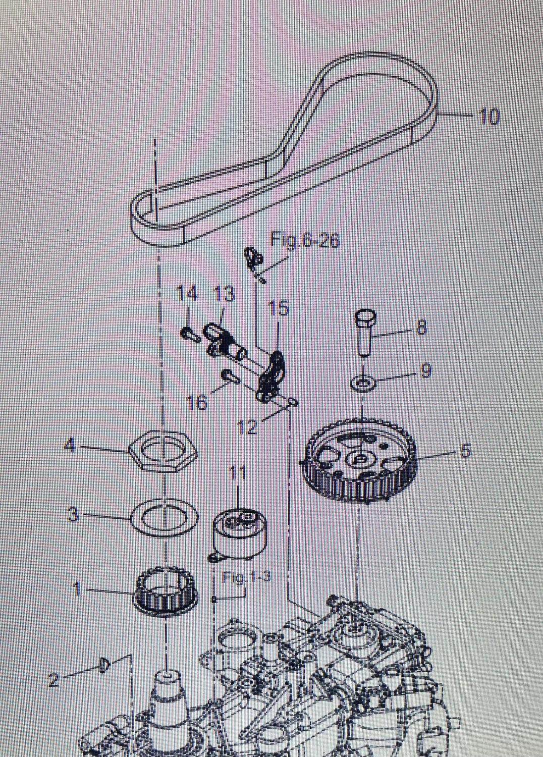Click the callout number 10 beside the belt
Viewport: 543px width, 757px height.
click(488, 117)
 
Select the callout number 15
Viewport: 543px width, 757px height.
click(279, 308)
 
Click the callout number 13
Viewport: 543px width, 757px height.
click(224, 294)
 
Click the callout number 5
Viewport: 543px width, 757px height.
click(465, 450)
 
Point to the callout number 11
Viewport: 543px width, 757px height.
click(237, 473)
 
